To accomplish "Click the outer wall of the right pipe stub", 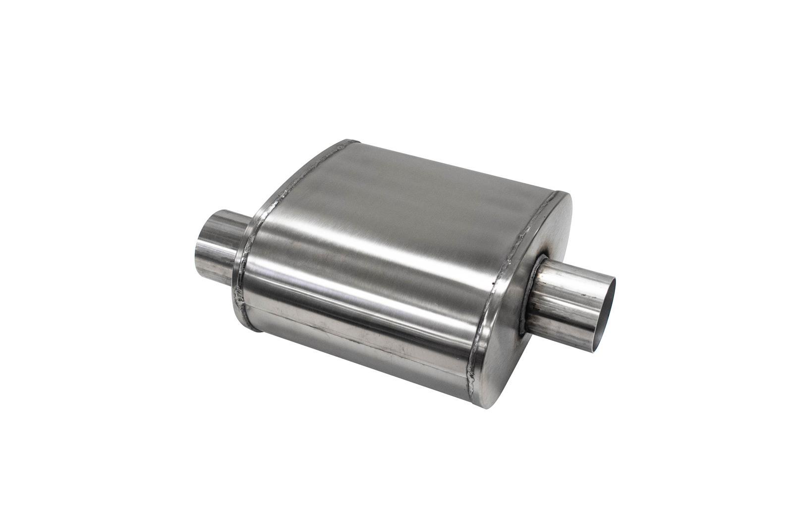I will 570,297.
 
